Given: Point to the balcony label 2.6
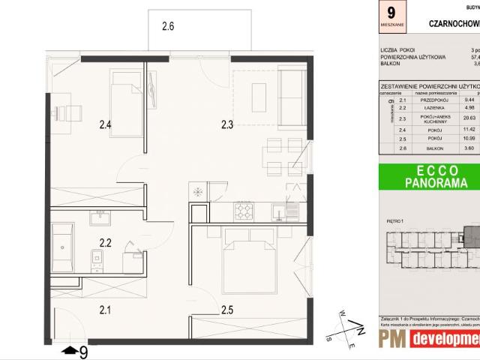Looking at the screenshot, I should pyautogui.click(x=168, y=26).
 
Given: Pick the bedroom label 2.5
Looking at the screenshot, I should pyautogui.click(x=227, y=307).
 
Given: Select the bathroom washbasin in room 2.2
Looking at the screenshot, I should pyautogui.click(x=100, y=218).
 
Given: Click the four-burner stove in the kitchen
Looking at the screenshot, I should pyautogui.click(x=244, y=211).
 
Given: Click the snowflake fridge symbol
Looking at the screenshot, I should pyautogui.click(x=199, y=192).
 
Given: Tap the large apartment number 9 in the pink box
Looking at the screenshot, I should pyautogui.click(x=391, y=13).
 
